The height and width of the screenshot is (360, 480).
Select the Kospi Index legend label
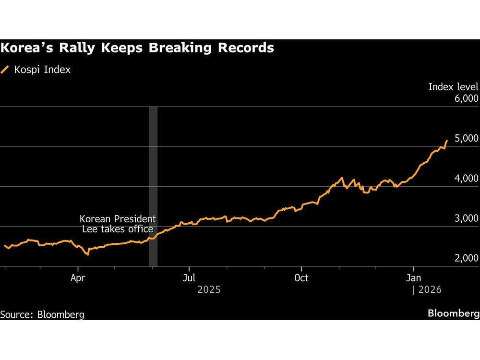click(x=42, y=70)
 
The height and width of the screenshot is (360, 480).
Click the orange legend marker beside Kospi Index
click(x=5, y=70)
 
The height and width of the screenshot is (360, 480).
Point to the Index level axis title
click(x=453, y=87)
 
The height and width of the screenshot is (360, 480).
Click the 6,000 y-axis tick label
click(x=465, y=98)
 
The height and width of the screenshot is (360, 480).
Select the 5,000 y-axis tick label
click(x=465, y=138)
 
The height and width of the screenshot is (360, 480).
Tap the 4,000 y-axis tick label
click(x=465, y=179)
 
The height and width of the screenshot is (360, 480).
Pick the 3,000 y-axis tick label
click(x=465, y=218)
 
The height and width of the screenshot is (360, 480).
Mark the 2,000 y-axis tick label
click(x=465, y=258)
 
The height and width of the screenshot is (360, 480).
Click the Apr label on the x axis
click(x=78, y=278)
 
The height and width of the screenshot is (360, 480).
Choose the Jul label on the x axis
click(x=190, y=278)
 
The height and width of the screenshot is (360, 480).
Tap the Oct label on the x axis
click(x=301, y=278)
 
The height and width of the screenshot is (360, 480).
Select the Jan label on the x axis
click(x=413, y=278)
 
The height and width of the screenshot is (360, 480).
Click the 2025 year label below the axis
click(x=209, y=290)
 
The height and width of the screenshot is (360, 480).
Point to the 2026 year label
click(x=429, y=290)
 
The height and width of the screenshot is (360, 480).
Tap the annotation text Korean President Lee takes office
click(x=118, y=224)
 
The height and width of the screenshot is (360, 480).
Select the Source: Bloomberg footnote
click(x=42, y=314)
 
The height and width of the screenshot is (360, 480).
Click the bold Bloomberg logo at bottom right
click(x=453, y=313)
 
